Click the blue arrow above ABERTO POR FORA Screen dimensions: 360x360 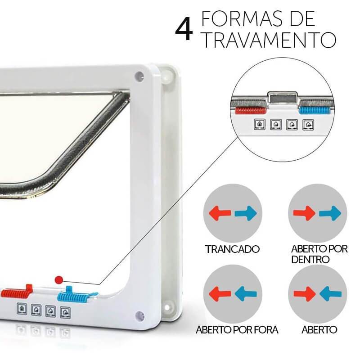click(245, 294)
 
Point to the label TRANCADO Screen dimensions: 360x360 click(232, 249)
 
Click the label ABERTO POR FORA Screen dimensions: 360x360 click(237, 329)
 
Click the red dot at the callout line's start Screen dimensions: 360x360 click(58, 279)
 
